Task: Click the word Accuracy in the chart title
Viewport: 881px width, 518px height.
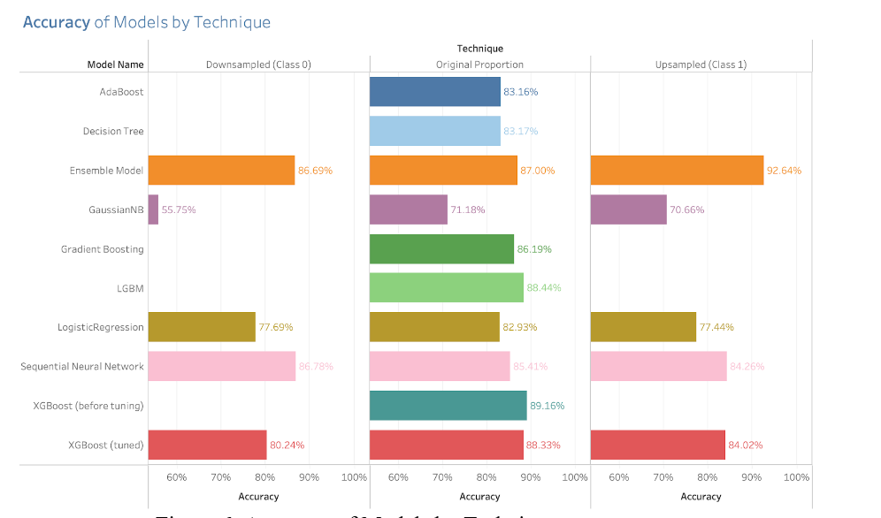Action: click(x=57, y=22)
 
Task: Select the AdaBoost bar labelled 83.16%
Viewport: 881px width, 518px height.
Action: click(x=434, y=92)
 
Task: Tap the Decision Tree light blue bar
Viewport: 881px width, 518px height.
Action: click(x=434, y=131)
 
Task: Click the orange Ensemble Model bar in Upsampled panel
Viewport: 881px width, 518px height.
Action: click(x=676, y=170)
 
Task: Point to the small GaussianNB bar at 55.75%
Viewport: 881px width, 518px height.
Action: click(x=153, y=209)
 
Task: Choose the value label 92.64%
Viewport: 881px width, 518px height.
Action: click(x=784, y=171)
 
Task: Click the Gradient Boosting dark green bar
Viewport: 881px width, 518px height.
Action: click(x=440, y=249)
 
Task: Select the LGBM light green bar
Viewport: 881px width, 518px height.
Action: click(x=446, y=287)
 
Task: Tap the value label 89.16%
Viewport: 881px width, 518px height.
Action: click(x=547, y=406)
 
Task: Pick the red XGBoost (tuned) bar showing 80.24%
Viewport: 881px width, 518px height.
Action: click(x=207, y=445)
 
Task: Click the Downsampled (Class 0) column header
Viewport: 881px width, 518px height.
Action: click(x=258, y=65)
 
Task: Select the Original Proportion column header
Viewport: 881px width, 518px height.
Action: click(x=479, y=65)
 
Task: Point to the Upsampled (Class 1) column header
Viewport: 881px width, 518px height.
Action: click(x=701, y=65)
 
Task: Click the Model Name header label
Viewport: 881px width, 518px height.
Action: click(x=115, y=65)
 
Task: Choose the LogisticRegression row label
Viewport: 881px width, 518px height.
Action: click(x=100, y=327)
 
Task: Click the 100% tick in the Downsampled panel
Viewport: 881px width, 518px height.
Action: click(x=354, y=477)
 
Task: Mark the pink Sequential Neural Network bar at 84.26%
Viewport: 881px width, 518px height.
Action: click(x=657, y=366)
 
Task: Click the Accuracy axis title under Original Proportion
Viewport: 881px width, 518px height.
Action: click(x=479, y=497)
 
